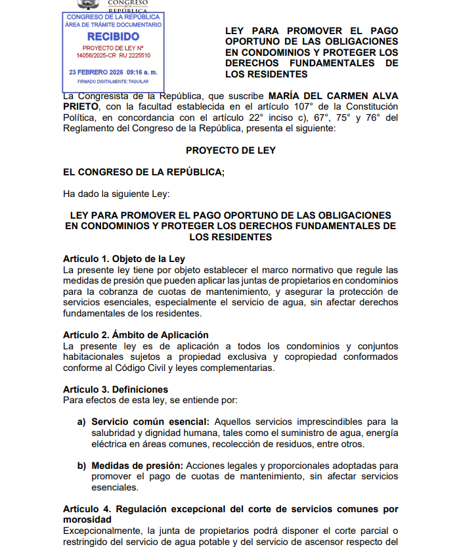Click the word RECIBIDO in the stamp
[x=113, y=37]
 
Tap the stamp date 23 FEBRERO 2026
[x=96, y=72]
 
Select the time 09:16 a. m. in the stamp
[x=142, y=72]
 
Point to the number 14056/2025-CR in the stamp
[x=98, y=56]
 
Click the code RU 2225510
[x=136, y=56]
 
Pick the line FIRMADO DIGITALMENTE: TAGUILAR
[x=113, y=82]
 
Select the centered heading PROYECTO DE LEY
[x=230, y=150]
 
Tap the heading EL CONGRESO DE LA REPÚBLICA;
[x=144, y=172]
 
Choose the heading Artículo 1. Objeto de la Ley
[x=123, y=259]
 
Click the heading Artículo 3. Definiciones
[x=116, y=389]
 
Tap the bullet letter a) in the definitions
[x=82, y=422]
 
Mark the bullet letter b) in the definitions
[x=82, y=466]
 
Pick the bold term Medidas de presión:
[x=137, y=466]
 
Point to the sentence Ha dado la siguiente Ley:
[x=116, y=194]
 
